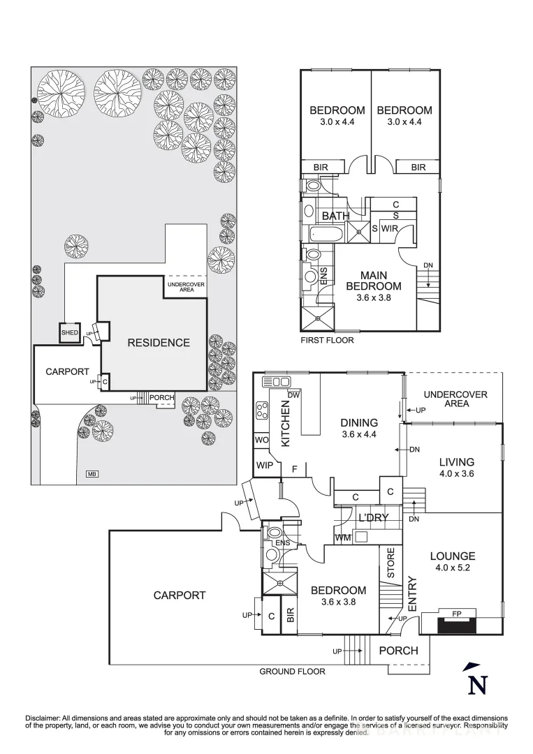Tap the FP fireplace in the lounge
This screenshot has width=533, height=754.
456,614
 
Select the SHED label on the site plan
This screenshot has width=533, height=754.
70,333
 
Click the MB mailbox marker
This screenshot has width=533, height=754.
92,475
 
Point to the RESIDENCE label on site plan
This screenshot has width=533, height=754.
158,343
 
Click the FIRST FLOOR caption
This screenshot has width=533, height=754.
327,341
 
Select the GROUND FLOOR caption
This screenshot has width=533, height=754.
292,672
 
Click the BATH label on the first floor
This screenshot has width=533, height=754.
335,216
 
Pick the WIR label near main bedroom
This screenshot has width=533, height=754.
389,228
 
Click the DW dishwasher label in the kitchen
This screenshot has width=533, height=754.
293,395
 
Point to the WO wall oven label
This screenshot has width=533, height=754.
261,441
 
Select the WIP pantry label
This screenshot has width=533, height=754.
263,466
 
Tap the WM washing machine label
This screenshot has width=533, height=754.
342,538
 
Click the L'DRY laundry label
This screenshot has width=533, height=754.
373,518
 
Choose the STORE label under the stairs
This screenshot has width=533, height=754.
390,563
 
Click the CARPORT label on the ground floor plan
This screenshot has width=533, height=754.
180,596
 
